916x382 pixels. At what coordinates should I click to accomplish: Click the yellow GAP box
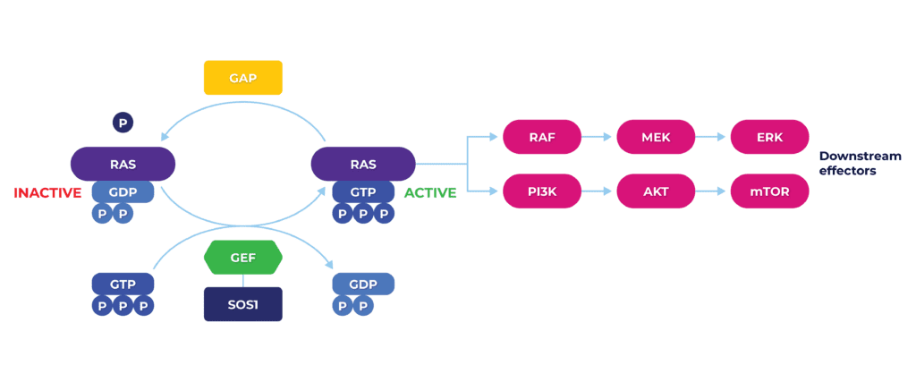243,78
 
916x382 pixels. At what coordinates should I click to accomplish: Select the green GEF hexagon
243,258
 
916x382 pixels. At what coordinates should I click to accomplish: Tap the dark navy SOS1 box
243,304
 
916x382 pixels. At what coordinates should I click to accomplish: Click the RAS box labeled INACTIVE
123,164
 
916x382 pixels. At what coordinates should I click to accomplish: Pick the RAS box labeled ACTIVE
363,164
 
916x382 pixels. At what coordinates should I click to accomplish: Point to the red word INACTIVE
47,192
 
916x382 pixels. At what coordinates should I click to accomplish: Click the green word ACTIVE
430,192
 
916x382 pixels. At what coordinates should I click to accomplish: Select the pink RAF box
542,137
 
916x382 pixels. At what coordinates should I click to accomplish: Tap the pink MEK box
656,137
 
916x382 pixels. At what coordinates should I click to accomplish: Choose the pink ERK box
770,137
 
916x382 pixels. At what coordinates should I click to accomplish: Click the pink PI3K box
542,191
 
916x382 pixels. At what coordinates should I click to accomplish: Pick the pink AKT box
656,191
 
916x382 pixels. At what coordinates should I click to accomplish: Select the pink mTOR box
770,191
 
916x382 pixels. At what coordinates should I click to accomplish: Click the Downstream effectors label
860,164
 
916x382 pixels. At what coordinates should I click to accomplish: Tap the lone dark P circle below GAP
123,123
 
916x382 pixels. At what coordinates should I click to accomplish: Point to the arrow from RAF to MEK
598,137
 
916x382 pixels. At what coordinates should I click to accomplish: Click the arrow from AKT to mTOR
713,191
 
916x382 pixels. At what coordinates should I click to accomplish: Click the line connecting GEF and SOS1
243,281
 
